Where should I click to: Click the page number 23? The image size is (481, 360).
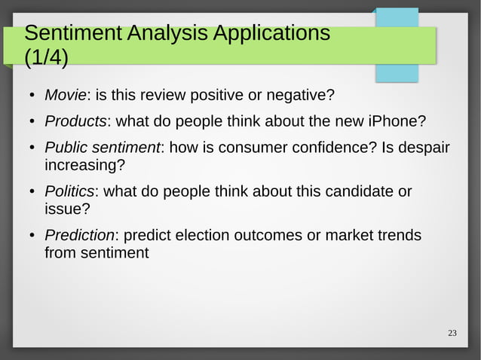pyautogui.click(x=452, y=334)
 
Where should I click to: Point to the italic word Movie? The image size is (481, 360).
pyautogui.click(x=66, y=96)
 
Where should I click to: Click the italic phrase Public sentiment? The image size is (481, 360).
pyautogui.click(x=102, y=147)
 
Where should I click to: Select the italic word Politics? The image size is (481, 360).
pyautogui.click(x=69, y=191)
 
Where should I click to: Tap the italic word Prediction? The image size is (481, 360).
pyautogui.click(x=79, y=236)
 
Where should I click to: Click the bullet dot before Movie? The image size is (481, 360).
pyautogui.click(x=32, y=96)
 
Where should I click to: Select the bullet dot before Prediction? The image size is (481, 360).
pyautogui.click(x=32, y=236)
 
